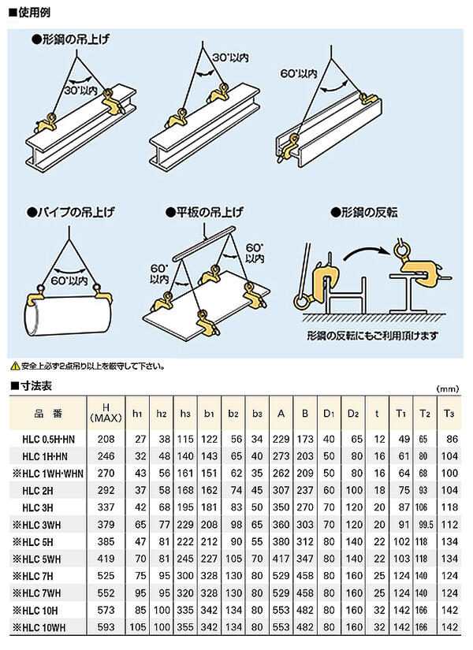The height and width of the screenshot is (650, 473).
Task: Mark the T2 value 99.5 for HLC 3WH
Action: (426, 524)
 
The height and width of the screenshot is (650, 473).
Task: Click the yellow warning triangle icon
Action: (14, 366)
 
